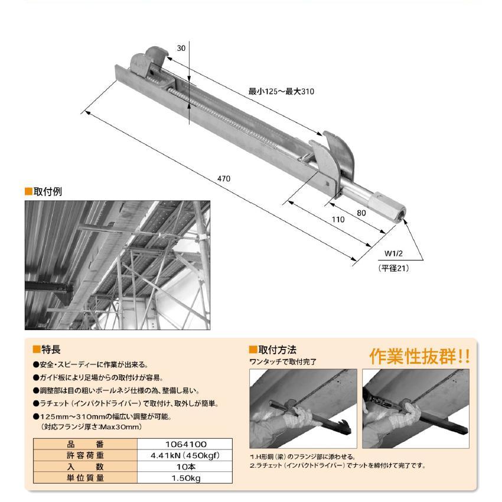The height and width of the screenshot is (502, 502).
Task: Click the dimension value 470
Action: pyautogui.click(x=223, y=179)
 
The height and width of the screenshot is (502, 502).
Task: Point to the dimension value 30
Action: pyautogui.click(x=181, y=49)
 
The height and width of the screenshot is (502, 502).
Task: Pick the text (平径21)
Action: pyautogui.click(x=393, y=268)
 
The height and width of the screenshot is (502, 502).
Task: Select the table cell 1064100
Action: pyautogui.click(x=184, y=444)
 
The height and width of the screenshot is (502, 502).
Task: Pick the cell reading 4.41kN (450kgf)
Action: pyautogui.click(x=184, y=455)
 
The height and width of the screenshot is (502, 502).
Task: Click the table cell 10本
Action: pyautogui.click(x=184, y=467)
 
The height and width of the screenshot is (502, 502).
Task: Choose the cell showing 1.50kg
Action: pyautogui.click(x=184, y=478)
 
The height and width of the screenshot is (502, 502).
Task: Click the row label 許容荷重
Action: pyautogui.click(x=84, y=455)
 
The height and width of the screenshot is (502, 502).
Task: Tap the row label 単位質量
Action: pyautogui.click(x=84, y=478)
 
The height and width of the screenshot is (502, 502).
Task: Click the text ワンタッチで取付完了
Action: pyautogui.click(x=283, y=361)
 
